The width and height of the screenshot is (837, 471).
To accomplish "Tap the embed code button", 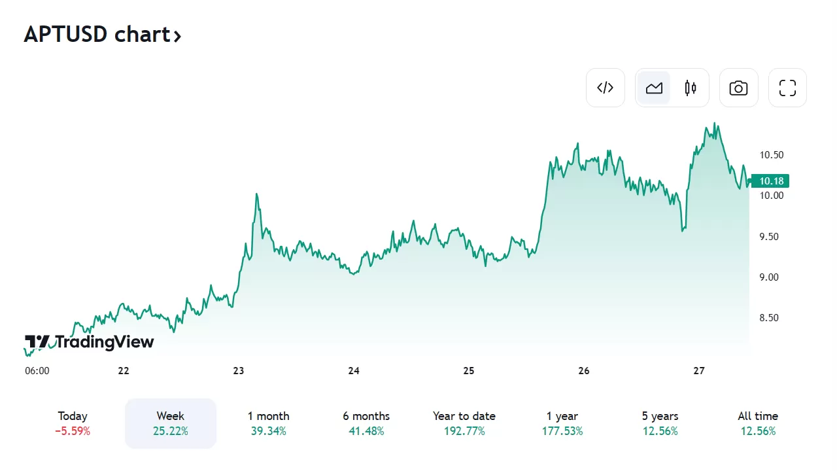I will [606, 88].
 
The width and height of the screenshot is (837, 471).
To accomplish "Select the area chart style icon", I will [654, 88].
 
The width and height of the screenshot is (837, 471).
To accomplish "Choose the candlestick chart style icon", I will [691, 88].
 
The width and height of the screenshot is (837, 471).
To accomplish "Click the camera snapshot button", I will [738, 88].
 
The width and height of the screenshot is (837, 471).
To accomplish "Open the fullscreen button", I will [787, 88].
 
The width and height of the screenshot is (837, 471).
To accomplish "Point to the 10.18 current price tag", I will [771, 181].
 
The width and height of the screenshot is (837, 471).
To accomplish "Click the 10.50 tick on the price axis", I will [772, 155].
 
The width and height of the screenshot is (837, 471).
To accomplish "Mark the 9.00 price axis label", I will [769, 277].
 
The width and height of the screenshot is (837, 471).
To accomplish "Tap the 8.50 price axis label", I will [769, 318].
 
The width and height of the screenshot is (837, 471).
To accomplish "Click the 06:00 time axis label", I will [37, 371].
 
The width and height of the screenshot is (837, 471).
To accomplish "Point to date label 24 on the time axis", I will [354, 371].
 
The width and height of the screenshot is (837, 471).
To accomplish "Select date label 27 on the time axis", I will [699, 371].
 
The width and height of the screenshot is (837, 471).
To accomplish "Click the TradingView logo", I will [90, 342].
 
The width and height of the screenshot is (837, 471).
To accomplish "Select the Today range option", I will [73, 423].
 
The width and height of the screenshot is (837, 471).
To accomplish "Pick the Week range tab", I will [171, 423].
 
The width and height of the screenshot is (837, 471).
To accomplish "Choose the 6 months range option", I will [366, 423].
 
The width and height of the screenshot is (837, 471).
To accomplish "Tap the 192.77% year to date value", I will [464, 431].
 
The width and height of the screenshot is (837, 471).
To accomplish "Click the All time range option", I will [758, 423].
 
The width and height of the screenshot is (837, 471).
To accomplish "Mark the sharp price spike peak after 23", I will [257, 194].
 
